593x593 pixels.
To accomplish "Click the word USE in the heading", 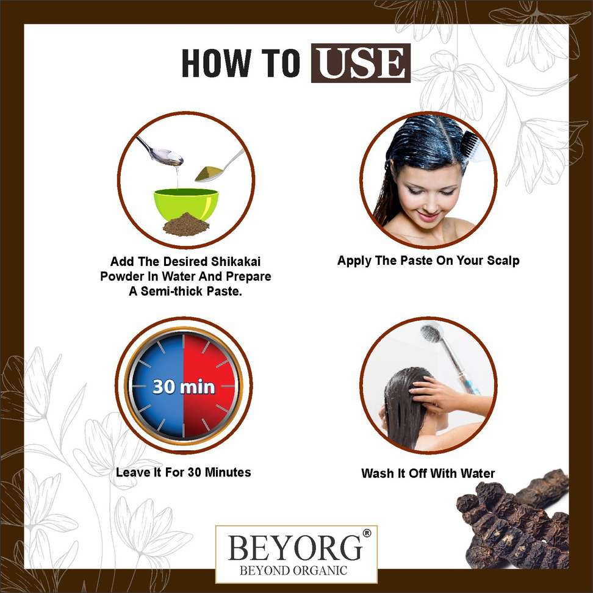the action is pos(361,63).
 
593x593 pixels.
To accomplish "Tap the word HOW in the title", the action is pos(217,63).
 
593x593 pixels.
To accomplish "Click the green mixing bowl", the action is pos(185,204).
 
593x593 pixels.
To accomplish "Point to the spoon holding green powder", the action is pos(218,167).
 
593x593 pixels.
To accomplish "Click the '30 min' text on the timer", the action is pos(184,387).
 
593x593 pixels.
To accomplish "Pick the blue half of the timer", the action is pos(157,386).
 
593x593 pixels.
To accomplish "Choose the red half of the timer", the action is pos(209,386).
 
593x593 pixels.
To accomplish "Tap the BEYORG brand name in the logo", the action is pos(295,547).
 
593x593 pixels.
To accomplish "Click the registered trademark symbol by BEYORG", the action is pos(367,533).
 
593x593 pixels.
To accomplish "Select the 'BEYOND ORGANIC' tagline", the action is pos(293,570).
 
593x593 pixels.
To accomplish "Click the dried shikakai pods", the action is pos(514,522).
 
